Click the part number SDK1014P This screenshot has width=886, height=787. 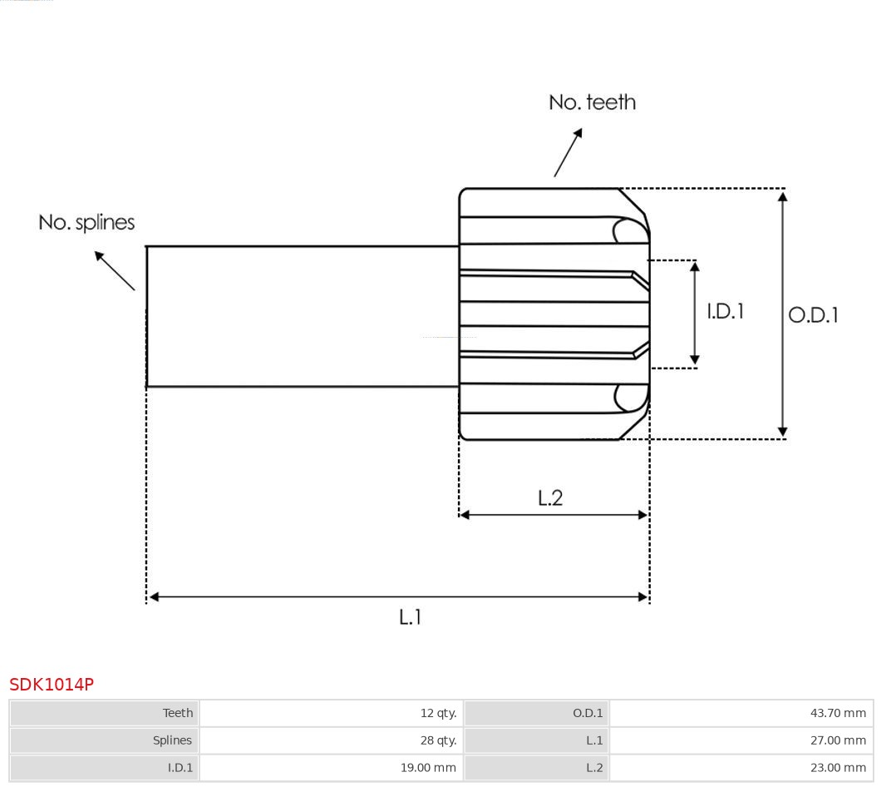click(x=52, y=685)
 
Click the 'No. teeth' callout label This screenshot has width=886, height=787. click(x=592, y=102)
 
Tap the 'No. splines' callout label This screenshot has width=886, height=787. click(x=86, y=222)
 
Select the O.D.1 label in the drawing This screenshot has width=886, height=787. click(x=813, y=315)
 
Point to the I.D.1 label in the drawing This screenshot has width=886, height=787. click(x=725, y=311)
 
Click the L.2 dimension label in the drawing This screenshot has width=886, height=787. click(x=550, y=497)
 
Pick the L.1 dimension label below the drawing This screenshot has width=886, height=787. click(x=411, y=617)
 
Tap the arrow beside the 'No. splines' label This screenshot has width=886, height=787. click(x=114, y=270)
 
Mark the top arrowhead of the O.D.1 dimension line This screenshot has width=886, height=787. click(x=782, y=196)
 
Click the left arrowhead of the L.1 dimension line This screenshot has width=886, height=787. click(x=154, y=596)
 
